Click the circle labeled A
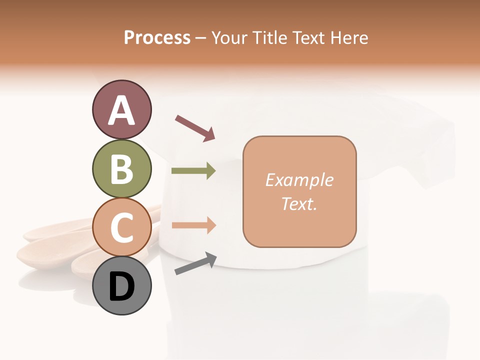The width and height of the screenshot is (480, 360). pyautogui.click(x=121, y=110)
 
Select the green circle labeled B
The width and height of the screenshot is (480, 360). pyautogui.click(x=121, y=168)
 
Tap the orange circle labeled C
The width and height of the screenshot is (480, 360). pyautogui.click(x=121, y=227)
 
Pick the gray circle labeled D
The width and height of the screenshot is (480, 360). pyautogui.click(x=121, y=285)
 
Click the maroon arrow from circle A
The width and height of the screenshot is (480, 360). pyautogui.click(x=194, y=128)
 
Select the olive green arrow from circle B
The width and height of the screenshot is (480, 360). pyautogui.click(x=193, y=171)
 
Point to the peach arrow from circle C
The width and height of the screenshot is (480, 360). pyautogui.click(x=193, y=225)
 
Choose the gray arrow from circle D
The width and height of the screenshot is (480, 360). pyautogui.click(x=195, y=263)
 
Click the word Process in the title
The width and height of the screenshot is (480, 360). pyautogui.click(x=157, y=38)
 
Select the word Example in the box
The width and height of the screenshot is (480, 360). pyautogui.click(x=299, y=180)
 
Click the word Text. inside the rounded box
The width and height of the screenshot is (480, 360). pyautogui.click(x=299, y=203)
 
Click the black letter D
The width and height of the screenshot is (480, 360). pyautogui.click(x=121, y=287)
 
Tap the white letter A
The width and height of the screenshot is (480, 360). pyautogui.click(x=121, y=111)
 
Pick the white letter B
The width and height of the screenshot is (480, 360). pyautogui.click(x=121, y=169)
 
